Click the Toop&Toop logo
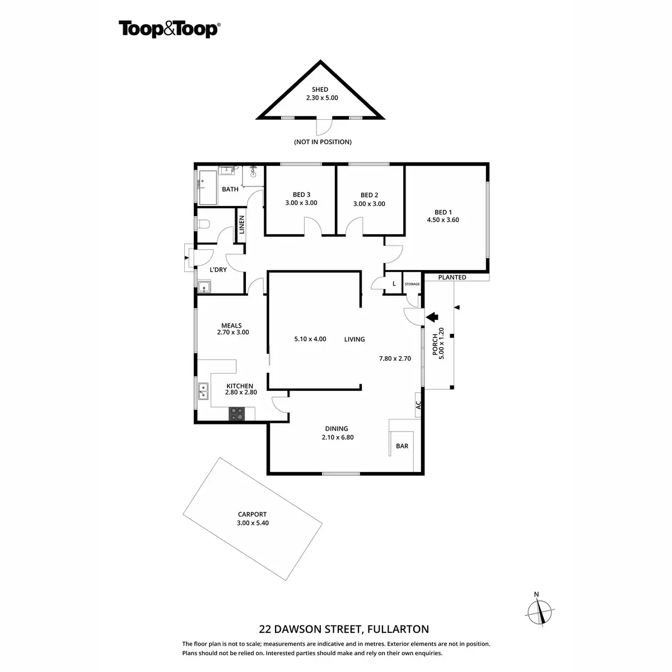(169, 29)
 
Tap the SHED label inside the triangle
(320, 90)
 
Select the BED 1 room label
(442, 212)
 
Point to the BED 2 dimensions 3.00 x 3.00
(369, 204)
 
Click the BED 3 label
(301, 195)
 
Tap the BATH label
(230, 189)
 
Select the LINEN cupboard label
(242, 225)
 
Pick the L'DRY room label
(218, 270)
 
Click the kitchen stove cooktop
(237, 414)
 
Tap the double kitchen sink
(203, 391)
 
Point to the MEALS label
(231, 325)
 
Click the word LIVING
(354, 339)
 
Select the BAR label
(402, 446)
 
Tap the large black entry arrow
(432, 317)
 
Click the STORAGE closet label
(412, 284)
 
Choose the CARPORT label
(252, 514)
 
